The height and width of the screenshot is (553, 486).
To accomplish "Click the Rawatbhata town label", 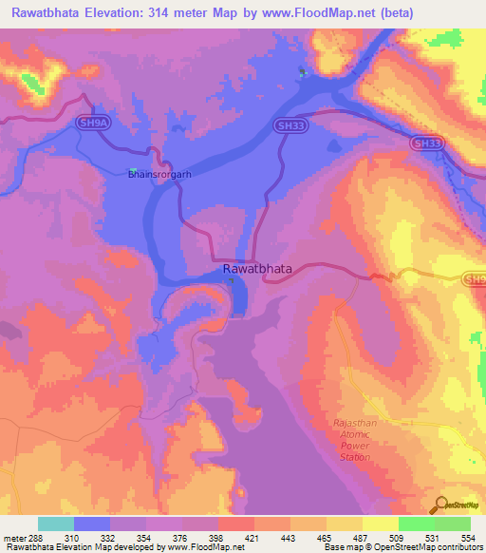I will tap(257, 269).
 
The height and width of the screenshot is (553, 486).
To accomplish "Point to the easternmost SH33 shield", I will tap(427, 143).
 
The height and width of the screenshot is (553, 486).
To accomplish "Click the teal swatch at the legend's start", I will tap(55, 524).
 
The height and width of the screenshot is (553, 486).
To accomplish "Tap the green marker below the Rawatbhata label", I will tap(231, 280).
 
